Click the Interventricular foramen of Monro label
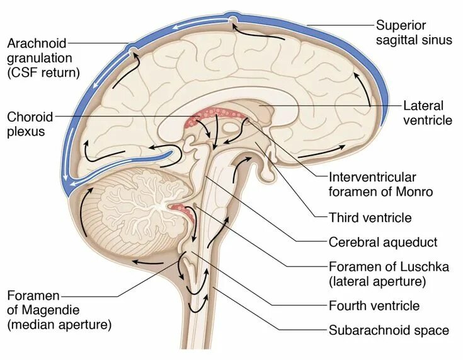(380, 185)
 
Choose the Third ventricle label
(370, 218)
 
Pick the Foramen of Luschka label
(389, 274)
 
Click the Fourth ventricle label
(374, 306)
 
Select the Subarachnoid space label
(389, 330)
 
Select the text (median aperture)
(59, 325)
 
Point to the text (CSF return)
(44, 73)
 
